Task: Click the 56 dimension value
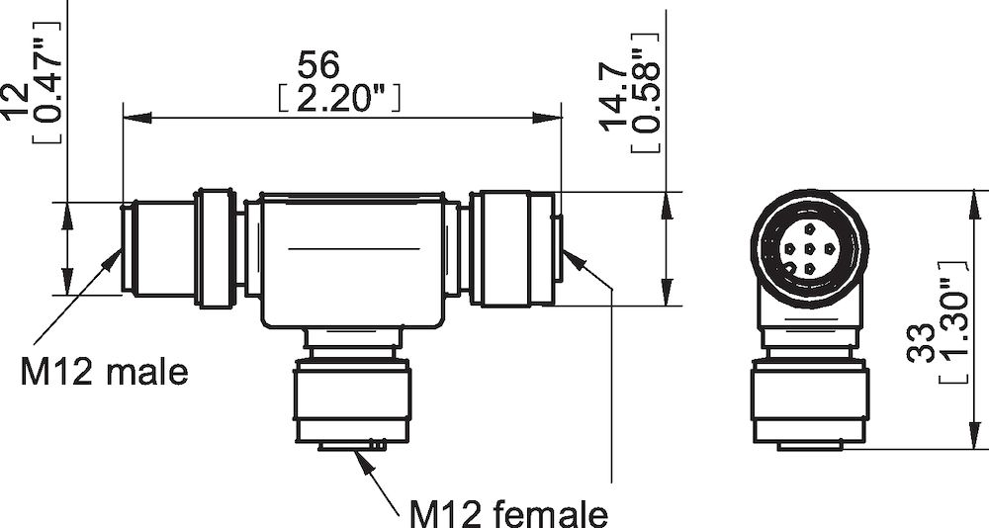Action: click(317, 65)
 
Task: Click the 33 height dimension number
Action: click(920, 340)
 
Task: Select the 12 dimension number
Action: click(15, 100)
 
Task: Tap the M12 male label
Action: click(104, 373)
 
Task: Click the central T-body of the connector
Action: click(351, 259)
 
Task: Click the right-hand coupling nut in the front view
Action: click(510, 249)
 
